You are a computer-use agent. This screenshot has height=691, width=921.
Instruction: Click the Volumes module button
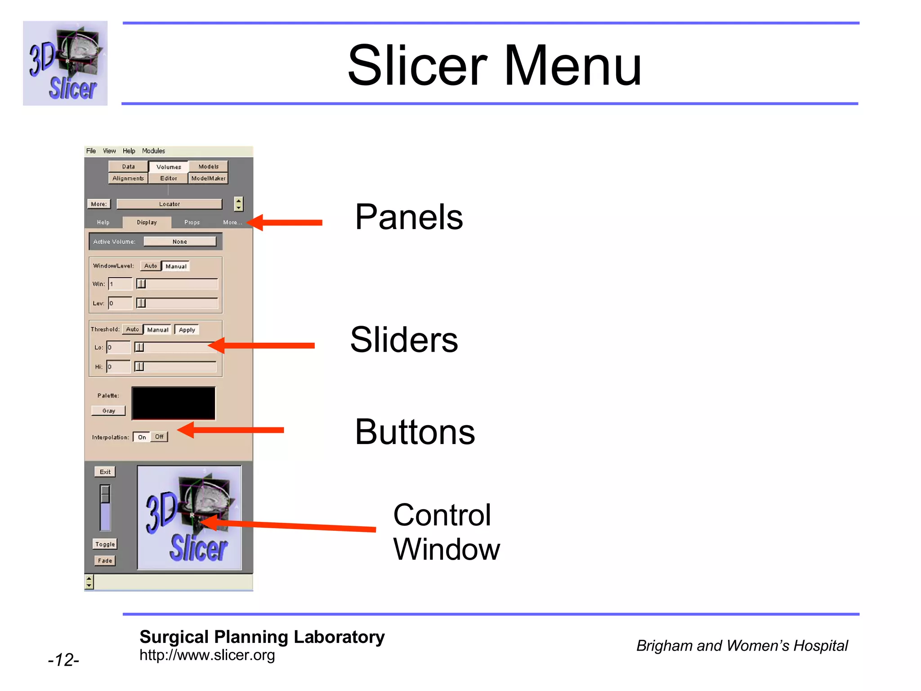point(169,167)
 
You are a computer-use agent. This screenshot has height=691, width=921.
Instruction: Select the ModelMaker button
point(208,179)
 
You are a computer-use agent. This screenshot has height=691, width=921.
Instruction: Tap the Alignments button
point(128,179)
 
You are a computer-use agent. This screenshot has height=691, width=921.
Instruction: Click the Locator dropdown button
point(169,204)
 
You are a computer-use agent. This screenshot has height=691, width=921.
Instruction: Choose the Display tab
point(147,222)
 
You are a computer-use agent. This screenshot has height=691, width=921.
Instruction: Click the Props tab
point(192,222)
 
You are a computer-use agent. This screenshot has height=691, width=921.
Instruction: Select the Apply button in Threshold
point(187,330)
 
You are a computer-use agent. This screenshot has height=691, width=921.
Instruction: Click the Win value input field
point(121,284)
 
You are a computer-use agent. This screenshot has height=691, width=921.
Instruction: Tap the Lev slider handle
point(141,303)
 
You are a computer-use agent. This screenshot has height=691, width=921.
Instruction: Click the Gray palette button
point(108,411)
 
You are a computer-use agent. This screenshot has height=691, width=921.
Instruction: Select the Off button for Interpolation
point(159,437)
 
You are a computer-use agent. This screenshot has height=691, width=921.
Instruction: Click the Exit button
point(105,472)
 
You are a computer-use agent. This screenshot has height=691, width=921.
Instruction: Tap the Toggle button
point(105,544)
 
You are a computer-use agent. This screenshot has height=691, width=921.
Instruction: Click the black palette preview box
point(174,404)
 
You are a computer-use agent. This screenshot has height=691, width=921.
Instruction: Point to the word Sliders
point(404,340)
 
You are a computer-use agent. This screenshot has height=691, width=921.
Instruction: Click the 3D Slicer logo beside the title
point(65,63)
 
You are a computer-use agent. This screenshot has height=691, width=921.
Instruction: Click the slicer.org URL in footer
point(207,655)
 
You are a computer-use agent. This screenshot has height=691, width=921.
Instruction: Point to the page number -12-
point(63,660)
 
